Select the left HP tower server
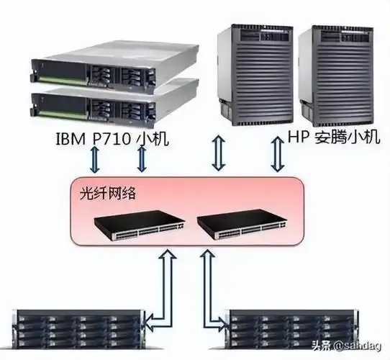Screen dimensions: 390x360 pyautogui.click(x=255, y=75)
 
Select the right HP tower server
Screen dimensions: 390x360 pyautogui.click(x=336, y=75)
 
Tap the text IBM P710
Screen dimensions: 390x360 pyautogui.click(x=93, y=139)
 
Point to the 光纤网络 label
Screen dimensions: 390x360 pyautogui.click(x=108, y=193)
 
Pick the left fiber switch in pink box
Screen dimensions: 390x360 pyautogui.click(x=140, y=225)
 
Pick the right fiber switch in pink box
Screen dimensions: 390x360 pyautogui.click(x=242, y=225)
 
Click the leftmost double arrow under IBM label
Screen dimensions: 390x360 pyautogui.click(x=95, y=160)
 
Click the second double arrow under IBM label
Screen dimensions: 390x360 pyautogui.click(x=142, y=159)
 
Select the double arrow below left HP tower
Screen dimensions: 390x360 pyautogui.click(x=219, y=153)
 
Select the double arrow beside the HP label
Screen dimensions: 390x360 pyautogui.click(x=278, y=154)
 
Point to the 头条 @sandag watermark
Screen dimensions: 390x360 pyautogui.click(x=347, y=346)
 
